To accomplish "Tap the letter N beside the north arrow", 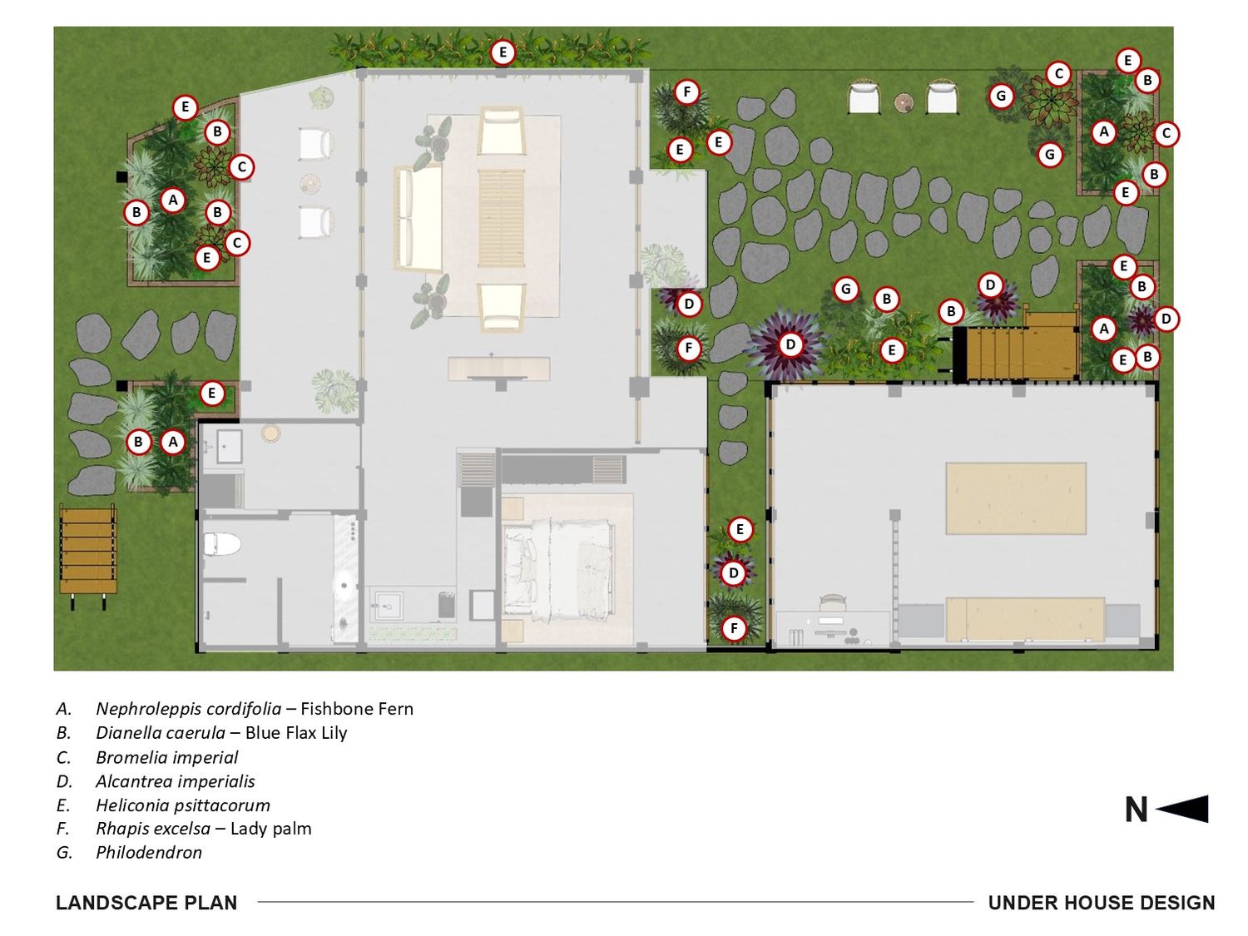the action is pos(1136,810).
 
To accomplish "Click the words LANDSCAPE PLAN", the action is pos(146,903).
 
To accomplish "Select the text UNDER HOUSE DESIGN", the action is pos(1102,903).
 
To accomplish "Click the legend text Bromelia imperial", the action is pos(166,757).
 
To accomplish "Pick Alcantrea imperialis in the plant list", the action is pos(175,781).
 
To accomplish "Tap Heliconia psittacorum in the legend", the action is pos(182,805).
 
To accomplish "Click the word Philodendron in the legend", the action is pos(148,852).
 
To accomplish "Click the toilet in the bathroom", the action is pos(222,544).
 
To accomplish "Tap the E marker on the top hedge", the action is pos(503,52).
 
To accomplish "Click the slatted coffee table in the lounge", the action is pos(501,218).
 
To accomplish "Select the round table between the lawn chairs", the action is pos(903,102).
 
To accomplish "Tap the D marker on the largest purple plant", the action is pos(790,344).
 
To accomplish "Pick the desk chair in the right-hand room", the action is pos(832,602).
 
